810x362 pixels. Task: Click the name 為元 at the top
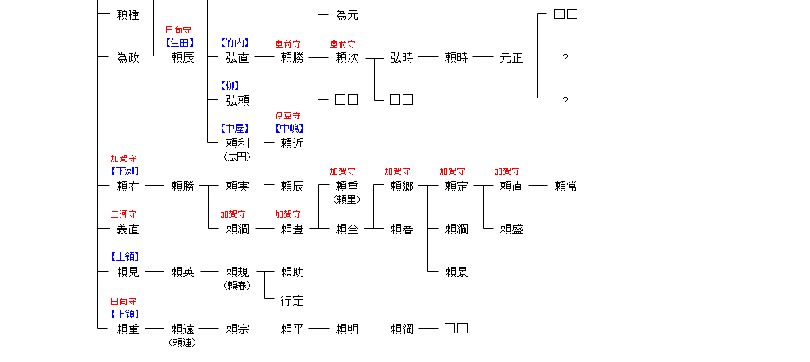coord(347,14)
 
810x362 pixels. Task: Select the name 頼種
coord(128,14)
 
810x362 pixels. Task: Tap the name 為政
coord(128,57)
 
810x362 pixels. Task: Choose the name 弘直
coord(237,57)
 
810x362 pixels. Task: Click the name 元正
coord(511,57)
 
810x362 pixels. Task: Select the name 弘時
coord(402,57)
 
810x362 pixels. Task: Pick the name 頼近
coord(292,143)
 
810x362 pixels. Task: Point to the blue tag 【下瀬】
coord(125,171)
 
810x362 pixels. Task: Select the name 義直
coord(128,229)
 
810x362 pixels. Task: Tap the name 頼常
coord(566,186)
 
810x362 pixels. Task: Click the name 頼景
coord(457,271)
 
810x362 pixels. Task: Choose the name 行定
coord(292,301)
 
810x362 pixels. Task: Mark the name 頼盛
coord(511,229)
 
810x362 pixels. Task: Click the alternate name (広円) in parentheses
coord(237,156)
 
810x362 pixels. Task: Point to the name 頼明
coord(347,329)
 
